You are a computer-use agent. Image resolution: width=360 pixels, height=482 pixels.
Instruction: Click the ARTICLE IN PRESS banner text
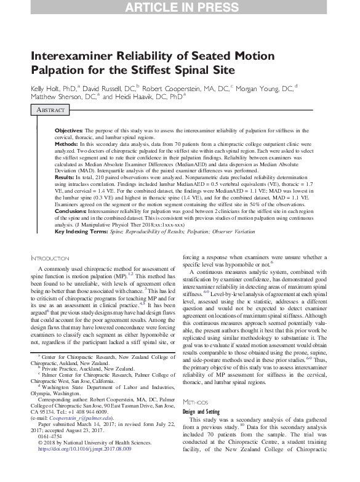tap(180, 7)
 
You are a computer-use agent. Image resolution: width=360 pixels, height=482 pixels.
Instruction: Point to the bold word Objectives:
tap(68, 131)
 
